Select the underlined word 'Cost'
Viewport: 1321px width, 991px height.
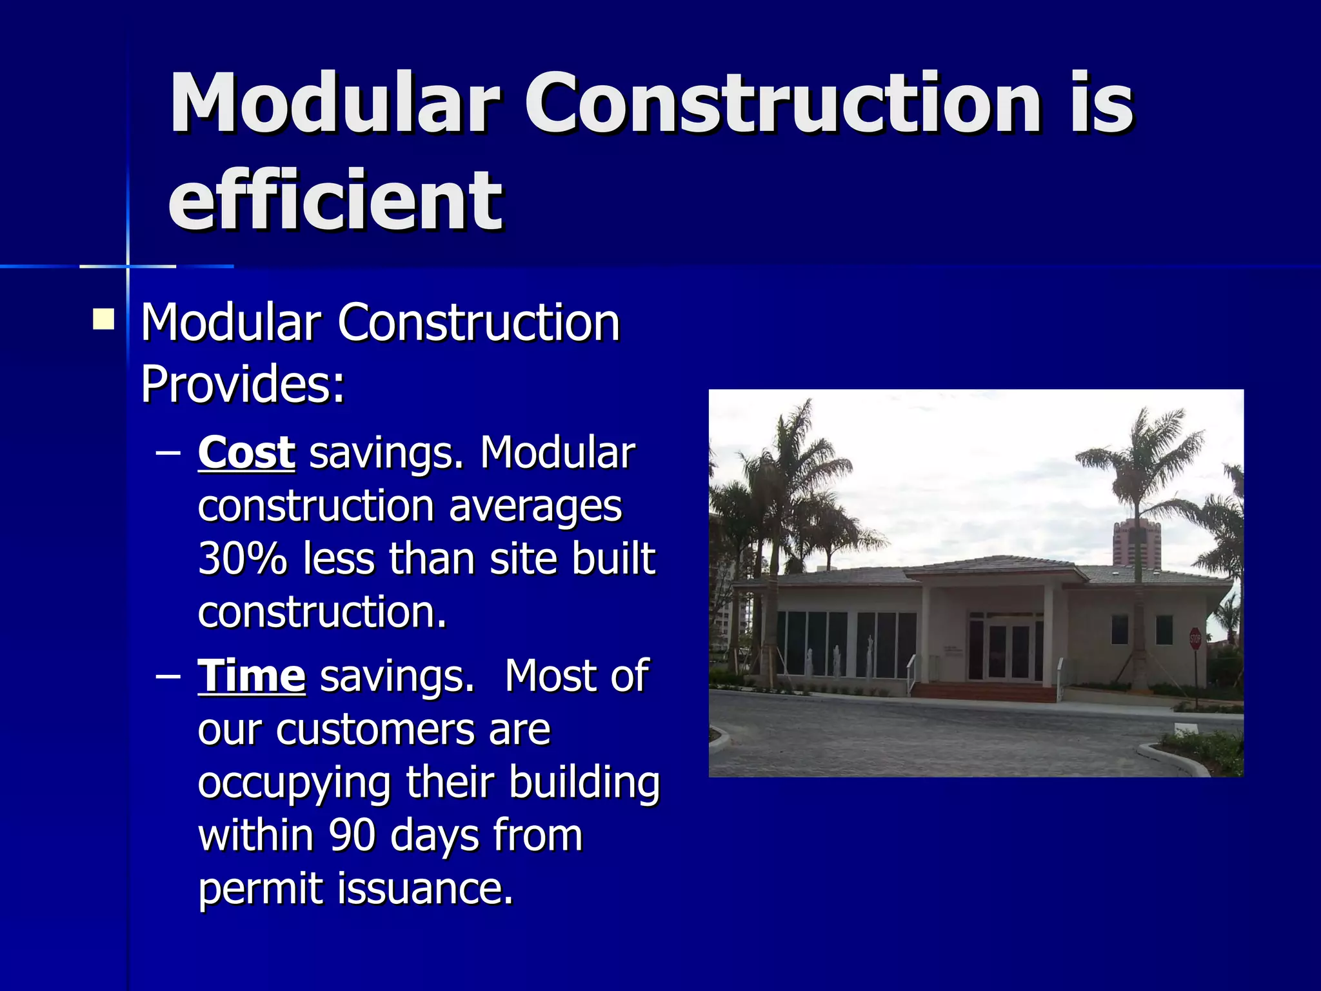pos(246,453)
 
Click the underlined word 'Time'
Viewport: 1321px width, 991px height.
pos(252,676)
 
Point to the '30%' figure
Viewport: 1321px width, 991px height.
pos(242,559)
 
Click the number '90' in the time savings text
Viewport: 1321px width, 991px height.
pos(352,836)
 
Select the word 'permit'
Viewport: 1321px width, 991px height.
pos(259,889)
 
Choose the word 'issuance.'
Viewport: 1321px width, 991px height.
pos(426,889)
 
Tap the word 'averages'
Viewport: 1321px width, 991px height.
pos(535,506)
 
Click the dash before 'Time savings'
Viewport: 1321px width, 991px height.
pos(168,677)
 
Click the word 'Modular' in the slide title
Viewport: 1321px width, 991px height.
pos(335,103)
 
